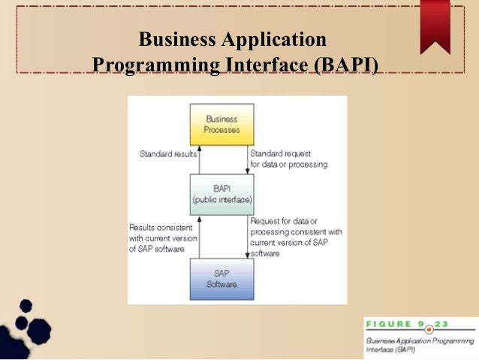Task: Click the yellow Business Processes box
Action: pos(221,124)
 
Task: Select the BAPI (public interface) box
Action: pos(221,195)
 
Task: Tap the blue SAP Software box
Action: pos(221,279)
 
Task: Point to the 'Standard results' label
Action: pos(168,155)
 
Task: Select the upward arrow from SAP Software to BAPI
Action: pos(198,237)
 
